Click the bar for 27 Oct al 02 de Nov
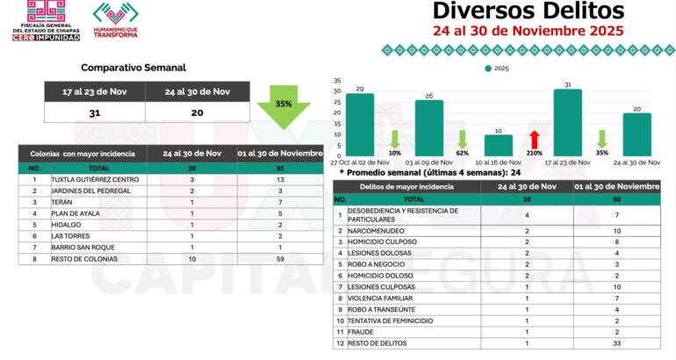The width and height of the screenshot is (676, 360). [x=360, y=123]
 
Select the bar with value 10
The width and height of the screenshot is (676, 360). [x=499, y=144]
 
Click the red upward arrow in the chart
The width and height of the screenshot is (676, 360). [x=533, y=139]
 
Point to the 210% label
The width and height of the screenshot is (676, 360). [x=533, y=152]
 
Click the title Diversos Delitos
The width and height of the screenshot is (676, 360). [x=529, y=11]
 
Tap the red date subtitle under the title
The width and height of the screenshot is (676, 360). [x=529, y=30]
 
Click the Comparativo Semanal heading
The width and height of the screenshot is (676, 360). [x=133, y=68]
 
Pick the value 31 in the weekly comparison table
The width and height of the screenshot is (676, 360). [x=94, y=112]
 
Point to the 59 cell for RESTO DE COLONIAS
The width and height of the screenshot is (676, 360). [x=280, y=259]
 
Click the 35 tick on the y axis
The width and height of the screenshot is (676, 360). [x=337, y=80]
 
